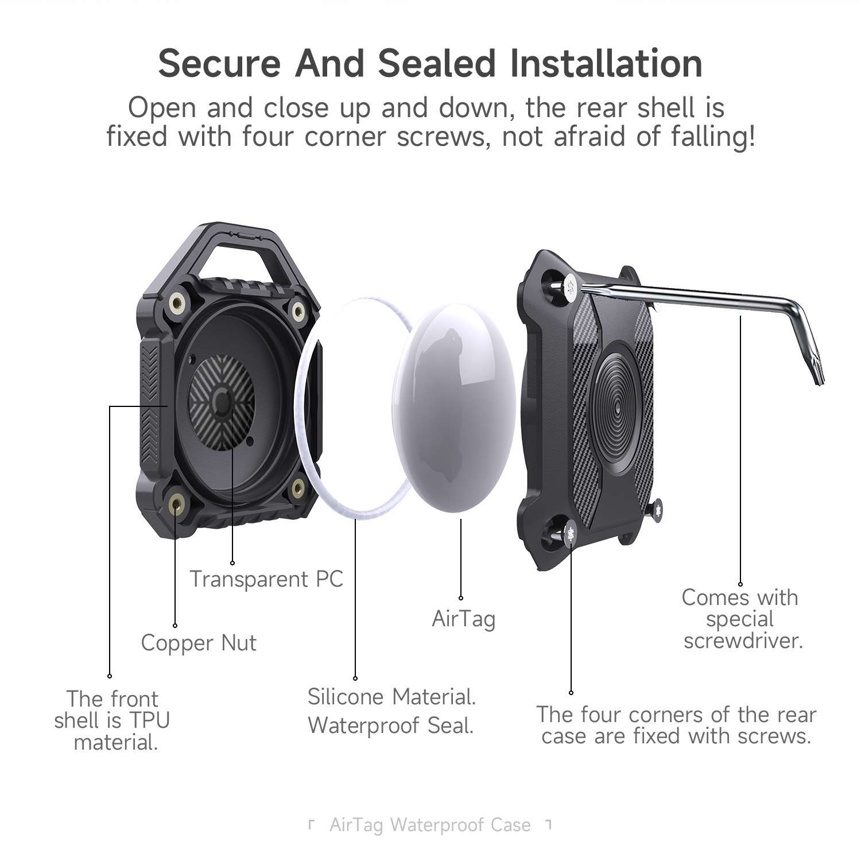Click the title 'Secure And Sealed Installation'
pos(430,63)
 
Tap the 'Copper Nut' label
pos(199,643)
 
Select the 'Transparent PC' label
pos(266,579)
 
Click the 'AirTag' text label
pos(463,619)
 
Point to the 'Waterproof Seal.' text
pos(390,726)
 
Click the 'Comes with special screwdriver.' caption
pos(740,619)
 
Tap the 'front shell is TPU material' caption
pos(113,720)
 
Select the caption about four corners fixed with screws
pos(676,725)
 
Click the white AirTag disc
pos(453,405)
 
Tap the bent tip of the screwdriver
pos(815,367)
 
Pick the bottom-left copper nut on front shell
pos(176,503)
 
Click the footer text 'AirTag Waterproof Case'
pos(430,825)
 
